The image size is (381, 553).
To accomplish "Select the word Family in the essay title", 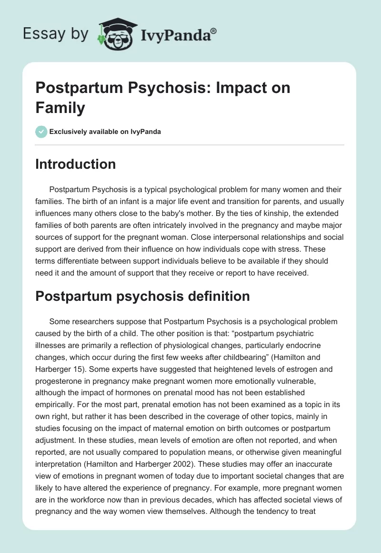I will coord(60,108).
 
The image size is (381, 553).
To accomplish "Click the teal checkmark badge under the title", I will coord(41,132).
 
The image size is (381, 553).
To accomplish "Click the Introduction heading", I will coord(76,164).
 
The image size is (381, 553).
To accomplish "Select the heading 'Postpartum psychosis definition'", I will coord(143,296).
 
